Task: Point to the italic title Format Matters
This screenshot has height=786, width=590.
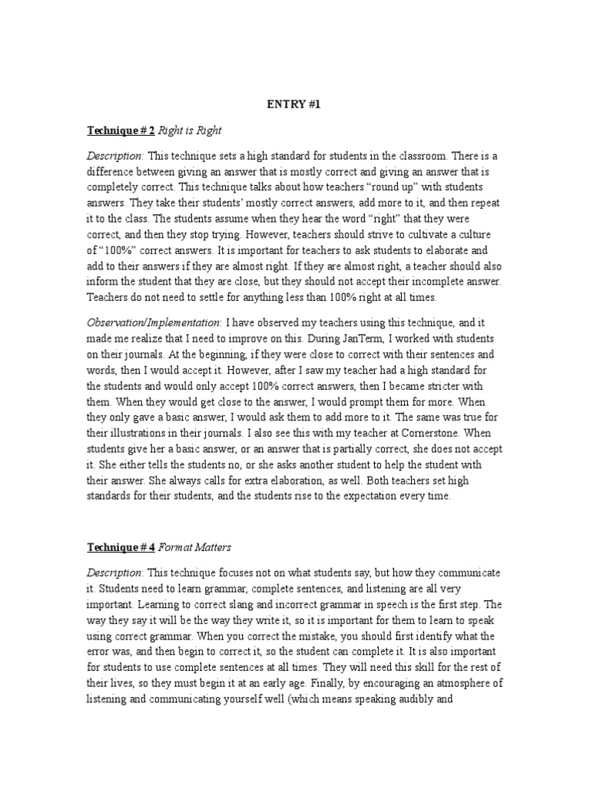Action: click(200, 548)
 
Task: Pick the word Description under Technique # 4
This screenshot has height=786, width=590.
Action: click(114, 573)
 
